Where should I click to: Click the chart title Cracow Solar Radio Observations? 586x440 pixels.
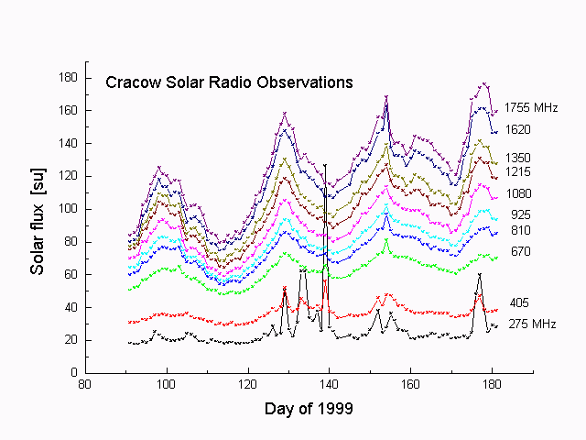click(229, 82)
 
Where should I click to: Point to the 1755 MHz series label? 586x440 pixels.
click(532, 108)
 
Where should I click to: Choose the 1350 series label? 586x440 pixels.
click(519, 158)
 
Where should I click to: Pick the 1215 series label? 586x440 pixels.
click(519, 172)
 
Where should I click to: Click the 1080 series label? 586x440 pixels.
click(519, 193)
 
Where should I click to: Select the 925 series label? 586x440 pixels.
click(521, 215)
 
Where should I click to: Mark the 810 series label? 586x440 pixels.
click(521, 230)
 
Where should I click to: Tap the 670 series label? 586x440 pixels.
click(521, 251)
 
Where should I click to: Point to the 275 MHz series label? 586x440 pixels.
click(532, 324)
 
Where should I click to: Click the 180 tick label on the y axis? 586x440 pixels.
click(68, 78)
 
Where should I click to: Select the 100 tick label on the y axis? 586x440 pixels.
click(68, 209)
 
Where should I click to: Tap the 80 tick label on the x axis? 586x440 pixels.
click(85, 386)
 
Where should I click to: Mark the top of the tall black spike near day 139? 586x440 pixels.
click(325, 165)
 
